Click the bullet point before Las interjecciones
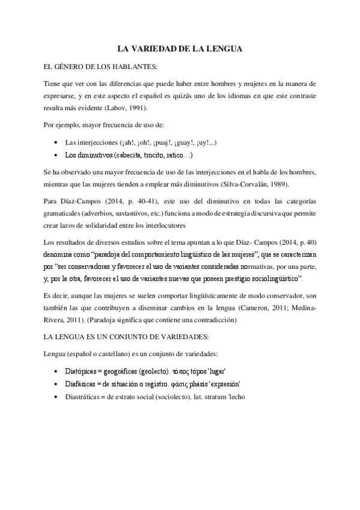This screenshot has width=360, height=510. point(55,143)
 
